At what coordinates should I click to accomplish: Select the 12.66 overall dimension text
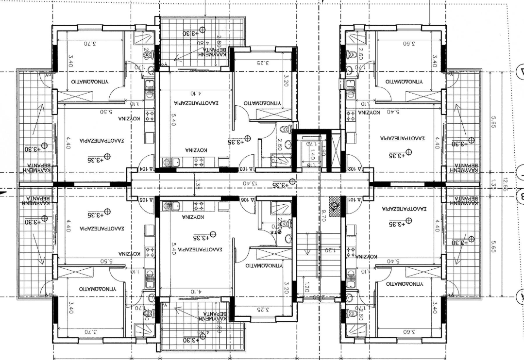506,185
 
